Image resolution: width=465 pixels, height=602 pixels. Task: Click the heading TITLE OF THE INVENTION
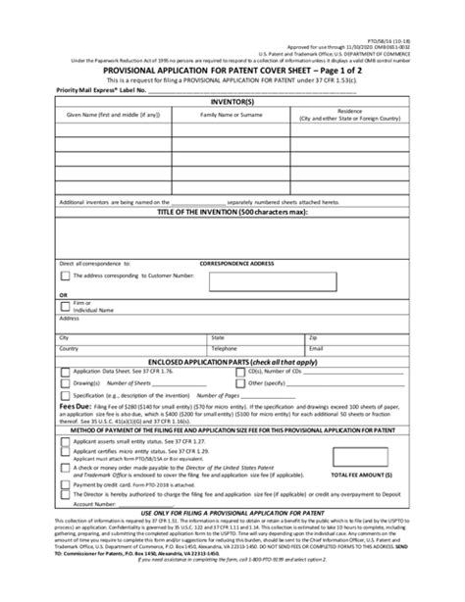pyautogui.click(x=232, y=212)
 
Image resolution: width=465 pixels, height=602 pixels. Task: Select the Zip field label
pyautogui.click(x=311, y=337)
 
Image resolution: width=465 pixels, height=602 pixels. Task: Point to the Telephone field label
pyautogui.click(x=225, y=348)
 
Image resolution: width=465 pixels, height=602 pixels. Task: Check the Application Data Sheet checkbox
pyautogui.click(x=64, y=374)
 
